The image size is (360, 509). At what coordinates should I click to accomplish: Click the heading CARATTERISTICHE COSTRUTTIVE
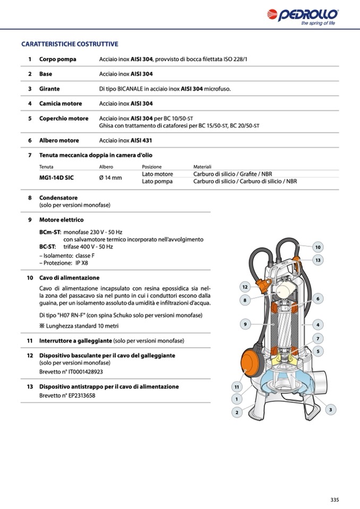69,44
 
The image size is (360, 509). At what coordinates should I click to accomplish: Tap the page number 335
335,499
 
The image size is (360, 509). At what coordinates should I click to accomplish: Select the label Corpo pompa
57,59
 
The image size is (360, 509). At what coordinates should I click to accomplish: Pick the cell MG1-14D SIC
57,177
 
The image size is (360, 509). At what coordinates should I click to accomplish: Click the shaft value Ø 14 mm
110,177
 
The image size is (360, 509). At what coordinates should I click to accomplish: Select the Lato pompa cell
157,181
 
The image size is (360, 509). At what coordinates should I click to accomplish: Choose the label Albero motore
59,141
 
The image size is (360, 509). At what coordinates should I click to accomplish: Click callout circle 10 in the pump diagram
318,247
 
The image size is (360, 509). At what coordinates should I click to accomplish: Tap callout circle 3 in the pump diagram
331,409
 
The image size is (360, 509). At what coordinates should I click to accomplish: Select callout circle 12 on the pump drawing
245,287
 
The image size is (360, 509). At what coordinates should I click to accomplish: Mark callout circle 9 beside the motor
245,324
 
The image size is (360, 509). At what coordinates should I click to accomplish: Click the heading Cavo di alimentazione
69,278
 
